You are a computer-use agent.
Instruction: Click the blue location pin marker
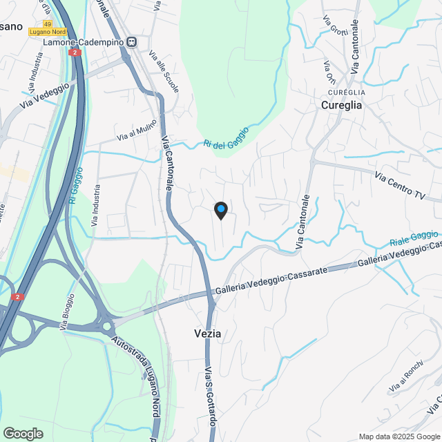pyautogui.click(x=220, y=210)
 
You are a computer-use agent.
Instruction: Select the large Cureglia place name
pyautogui.click(x=341, y=106)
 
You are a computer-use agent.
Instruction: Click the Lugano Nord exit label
pyautogui.click(x=48, y=32)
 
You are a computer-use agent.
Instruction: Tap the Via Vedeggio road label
pyautogui.click(x=46, y=95)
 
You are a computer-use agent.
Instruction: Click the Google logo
pyautogui.click(x=23, y=434)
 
